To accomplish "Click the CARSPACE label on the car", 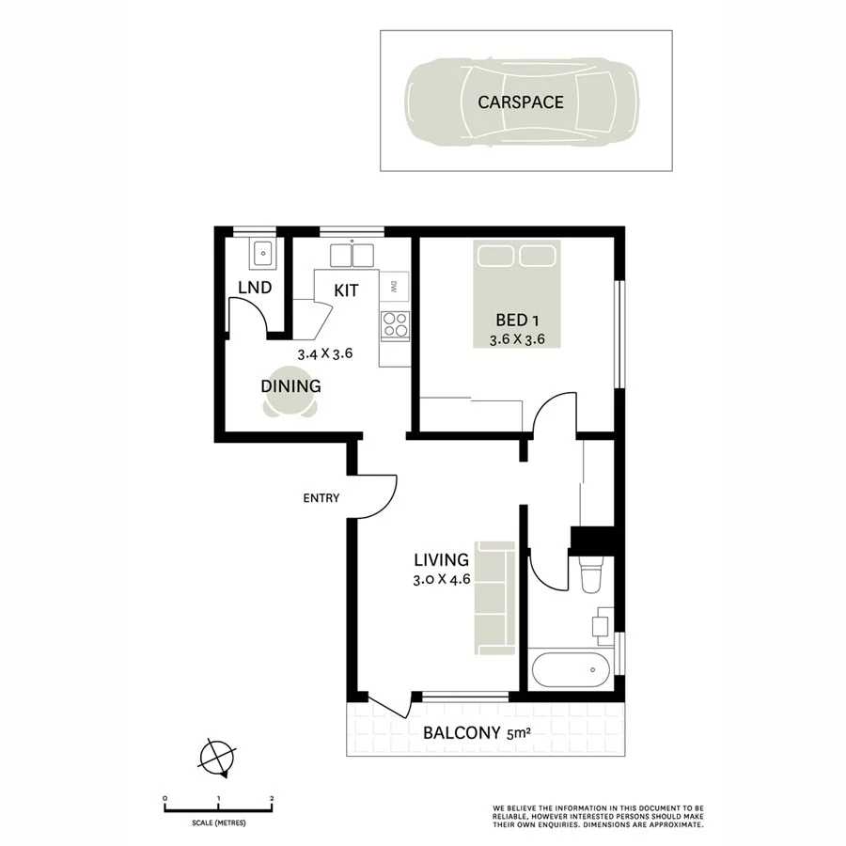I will coord(520,102).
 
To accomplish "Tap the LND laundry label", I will coord(255,288).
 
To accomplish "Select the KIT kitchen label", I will coord(346,290).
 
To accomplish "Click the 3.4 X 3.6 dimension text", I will coord(324,354).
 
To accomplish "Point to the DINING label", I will coord(291,386).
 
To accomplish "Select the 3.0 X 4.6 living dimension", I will coord(441,580).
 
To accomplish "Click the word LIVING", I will coord(441,561).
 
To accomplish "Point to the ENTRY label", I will coord(321,498).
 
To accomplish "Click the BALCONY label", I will coord(461,734).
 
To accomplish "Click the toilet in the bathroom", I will coord(591,575).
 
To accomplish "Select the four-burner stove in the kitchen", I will coord(395,324).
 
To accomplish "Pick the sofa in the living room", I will coord(494,599).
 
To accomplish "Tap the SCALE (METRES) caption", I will coord(219,822).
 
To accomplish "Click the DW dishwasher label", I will coord(396,285).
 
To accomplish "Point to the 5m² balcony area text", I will coord(517,734).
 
